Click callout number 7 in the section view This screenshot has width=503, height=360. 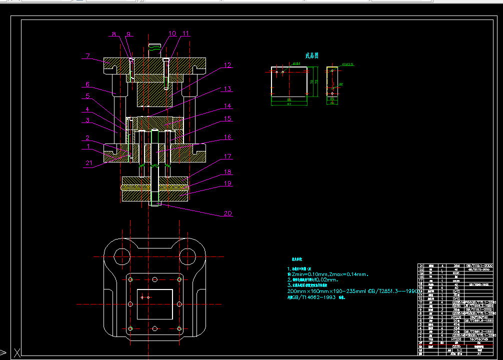87,56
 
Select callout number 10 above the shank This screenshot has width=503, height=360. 172,34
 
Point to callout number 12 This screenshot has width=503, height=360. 227,65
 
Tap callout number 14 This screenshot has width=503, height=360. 227,106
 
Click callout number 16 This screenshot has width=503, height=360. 227,137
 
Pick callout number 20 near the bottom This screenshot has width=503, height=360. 227,213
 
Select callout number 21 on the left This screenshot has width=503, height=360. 89,163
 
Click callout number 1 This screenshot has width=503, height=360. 89,146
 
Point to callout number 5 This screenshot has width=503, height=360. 87,96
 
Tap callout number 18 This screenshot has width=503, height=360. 227,172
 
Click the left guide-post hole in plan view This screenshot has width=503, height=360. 121,256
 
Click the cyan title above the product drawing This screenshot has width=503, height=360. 312,55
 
